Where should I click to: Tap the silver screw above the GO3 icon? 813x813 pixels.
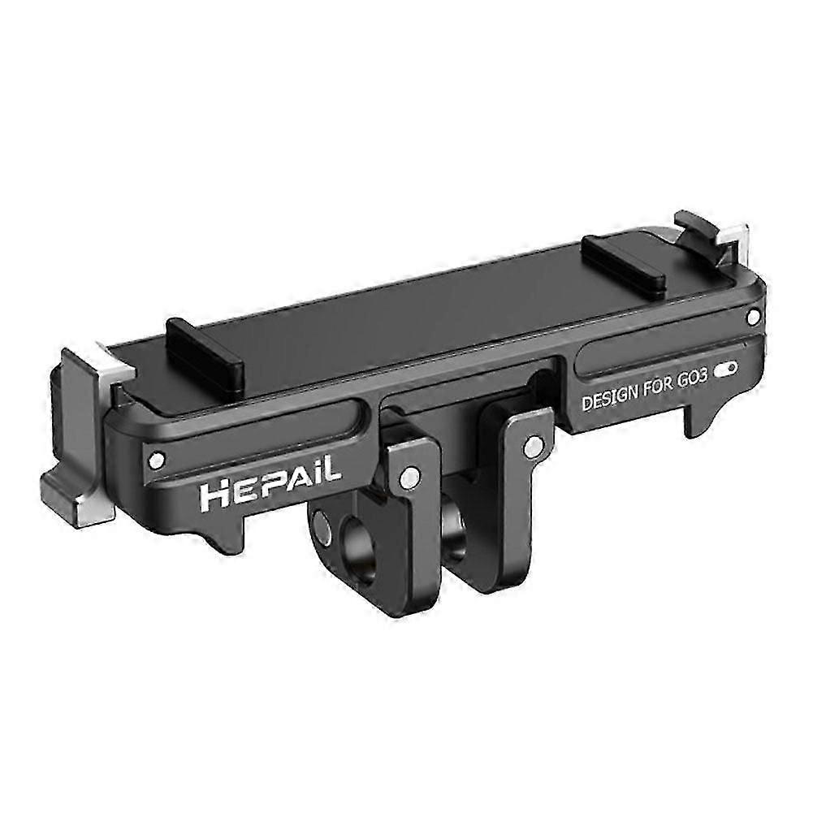click(754, 313)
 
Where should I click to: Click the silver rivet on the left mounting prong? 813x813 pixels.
click(411, 474)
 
